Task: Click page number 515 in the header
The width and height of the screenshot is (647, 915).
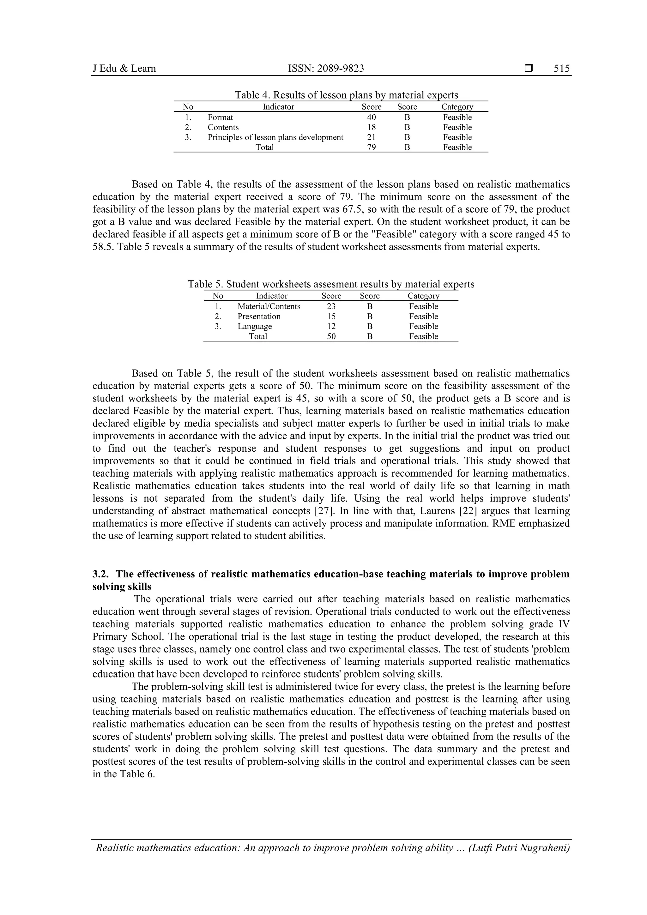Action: (x=561, y=69)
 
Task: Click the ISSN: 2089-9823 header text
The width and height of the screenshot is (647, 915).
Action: (x=326, y=69)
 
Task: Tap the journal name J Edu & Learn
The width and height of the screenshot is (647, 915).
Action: (x=124, y=69)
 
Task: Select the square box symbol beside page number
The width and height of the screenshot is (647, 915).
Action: (x=529, y=69)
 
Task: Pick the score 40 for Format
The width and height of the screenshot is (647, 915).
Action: (x=371, y=117)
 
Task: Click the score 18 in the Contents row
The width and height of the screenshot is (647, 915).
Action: (x=371, y=127)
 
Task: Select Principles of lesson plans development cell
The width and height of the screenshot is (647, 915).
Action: (x=275, y=137)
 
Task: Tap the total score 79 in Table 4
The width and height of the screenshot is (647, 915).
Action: (x=371, y=147)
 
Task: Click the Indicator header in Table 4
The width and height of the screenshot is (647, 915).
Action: (x=278, y=107)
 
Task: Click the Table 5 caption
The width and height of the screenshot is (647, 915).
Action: (x=331, y=284)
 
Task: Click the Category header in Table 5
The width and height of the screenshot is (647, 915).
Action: (x=423, y=296)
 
